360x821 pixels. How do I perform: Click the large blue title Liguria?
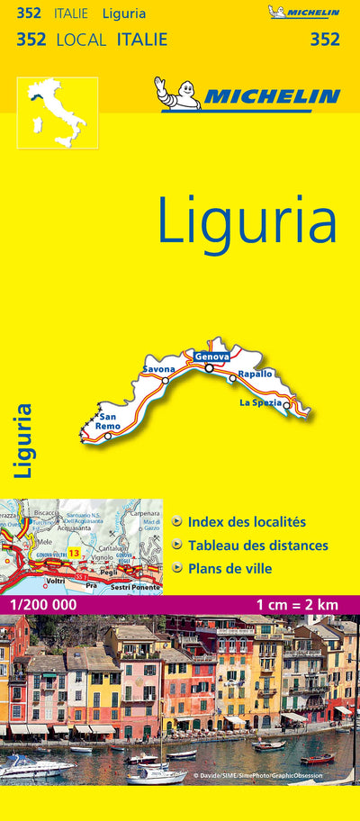[247, 220]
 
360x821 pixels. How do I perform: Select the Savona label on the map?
[158, 369]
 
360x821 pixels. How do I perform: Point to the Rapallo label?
[255, 374]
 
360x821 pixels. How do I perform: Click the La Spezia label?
[260, 401]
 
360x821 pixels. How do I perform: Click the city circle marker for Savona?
[166, 380]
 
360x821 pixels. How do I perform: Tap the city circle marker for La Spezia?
[287, 405]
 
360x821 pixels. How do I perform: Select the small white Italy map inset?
[57, 113]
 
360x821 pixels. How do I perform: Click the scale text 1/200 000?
[40, 604]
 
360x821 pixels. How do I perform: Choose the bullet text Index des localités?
[247, 521]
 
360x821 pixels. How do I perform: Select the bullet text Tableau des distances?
[257, 545]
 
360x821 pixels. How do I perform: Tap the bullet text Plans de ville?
[229, 568]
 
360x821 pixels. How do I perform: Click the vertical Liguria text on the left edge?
[23, 439]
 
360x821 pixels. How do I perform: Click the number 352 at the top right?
[325, 39]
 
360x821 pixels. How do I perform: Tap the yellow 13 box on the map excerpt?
[74, 552]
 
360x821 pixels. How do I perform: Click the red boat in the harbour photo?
[317, 759]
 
